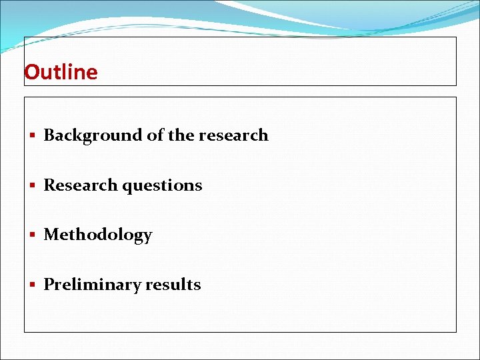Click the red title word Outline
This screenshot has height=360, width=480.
pos(61,72)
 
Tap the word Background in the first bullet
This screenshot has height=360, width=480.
pos(93,135)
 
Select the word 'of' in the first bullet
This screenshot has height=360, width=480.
pos(155,135)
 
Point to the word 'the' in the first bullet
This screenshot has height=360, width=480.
pos(181,135)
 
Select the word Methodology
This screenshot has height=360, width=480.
pos(98,235)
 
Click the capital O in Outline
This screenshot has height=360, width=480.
pos(31,72)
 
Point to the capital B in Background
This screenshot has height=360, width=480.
pos(49,135)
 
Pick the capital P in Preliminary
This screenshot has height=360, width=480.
pos(49,285)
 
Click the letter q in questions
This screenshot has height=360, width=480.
pos(127,187)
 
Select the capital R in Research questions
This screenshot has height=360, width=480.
pos(49,185)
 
